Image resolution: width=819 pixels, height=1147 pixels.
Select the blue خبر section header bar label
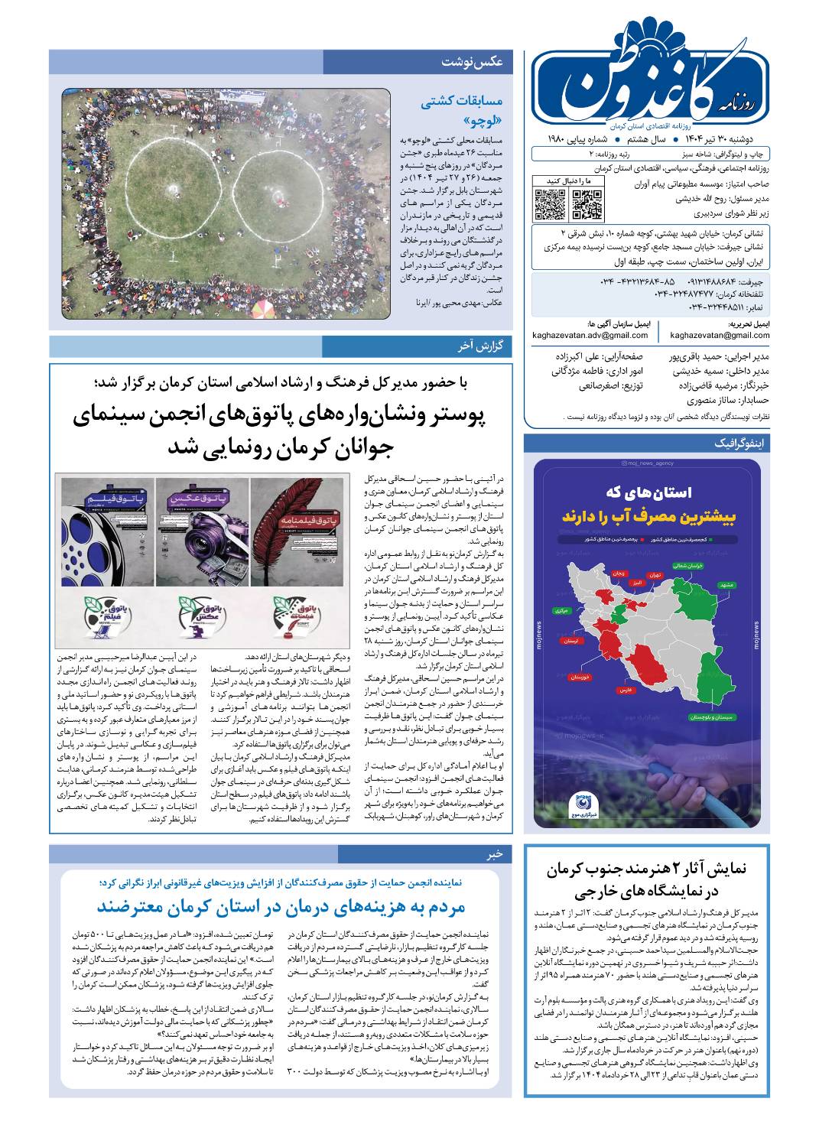496,853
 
